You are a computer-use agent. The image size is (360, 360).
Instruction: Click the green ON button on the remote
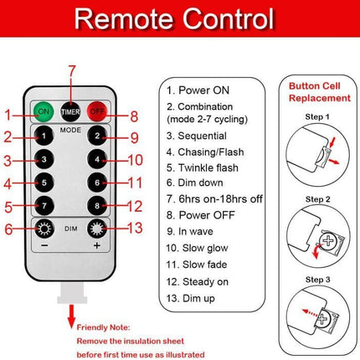[44, 112]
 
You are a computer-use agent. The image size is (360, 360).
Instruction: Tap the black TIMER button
[70, 112]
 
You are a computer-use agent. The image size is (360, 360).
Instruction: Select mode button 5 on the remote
[44, 183]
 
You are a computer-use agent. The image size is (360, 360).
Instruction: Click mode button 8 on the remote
[97, 206]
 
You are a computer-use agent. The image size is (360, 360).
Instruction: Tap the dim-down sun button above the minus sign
[44, 229]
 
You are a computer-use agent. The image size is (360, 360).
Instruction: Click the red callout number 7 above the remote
[72, 71]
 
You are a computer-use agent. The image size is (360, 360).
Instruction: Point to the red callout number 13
[135, 228]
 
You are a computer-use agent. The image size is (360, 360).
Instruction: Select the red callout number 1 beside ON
[8, 115]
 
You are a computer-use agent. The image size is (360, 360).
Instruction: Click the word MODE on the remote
[70, 130]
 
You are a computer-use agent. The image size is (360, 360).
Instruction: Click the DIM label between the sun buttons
[71, 229]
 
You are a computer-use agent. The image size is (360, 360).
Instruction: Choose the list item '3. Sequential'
[197, 136]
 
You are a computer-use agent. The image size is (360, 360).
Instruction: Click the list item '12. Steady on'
[198, 282]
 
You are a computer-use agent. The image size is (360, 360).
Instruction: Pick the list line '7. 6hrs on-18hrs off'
[214, 199]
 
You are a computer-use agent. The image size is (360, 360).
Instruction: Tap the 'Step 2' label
[317, 199]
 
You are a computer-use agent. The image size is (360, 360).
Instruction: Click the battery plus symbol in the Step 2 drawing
[328, 240]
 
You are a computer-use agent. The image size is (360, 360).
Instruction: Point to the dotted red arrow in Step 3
[310, 312]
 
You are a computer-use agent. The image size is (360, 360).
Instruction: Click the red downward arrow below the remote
[72, 316]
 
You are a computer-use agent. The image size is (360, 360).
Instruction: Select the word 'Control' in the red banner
[229, 18]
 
